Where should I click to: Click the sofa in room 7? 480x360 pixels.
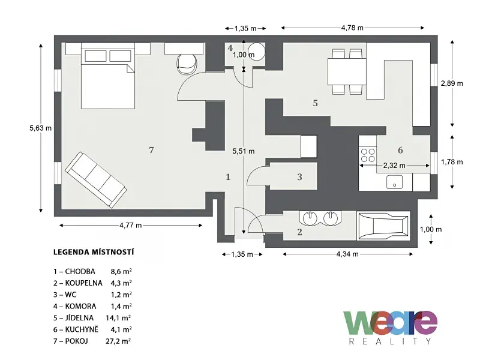click(x=96, y=179)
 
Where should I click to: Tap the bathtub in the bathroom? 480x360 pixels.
click(x=383, y=226)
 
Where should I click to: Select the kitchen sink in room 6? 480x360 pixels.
click(x=394, y=182)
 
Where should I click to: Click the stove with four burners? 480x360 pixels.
click(x=368, y=155)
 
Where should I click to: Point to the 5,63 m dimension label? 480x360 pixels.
click(x=40, y=128)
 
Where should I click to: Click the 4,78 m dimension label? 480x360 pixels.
click(x=352, y=28)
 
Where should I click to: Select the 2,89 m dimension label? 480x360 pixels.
click(x=452, y=83)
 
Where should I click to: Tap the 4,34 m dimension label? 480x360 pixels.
click(x=347, y=254)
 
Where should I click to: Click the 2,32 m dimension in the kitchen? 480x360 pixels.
click(x=394, y=166)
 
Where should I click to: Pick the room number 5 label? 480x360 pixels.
click(x=316, y=103)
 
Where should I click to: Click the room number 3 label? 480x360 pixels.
click(x=299, y=176)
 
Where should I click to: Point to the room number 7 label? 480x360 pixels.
click(x=151, y=150)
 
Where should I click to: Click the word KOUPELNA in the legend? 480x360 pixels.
click(x=83, y=283)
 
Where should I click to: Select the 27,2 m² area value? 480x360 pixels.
click(x=118, y=341)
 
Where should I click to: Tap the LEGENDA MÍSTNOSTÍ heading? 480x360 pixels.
click(x=94, y=252)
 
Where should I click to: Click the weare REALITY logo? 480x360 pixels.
click(x=391, y=327)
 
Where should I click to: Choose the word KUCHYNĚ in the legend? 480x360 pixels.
click(x=82, y=329)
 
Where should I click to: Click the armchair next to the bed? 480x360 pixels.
click(x=187, y=64)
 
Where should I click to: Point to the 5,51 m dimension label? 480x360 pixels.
click(x=244, y=151)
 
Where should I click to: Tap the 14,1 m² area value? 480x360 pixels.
click(x=118, y=318)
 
